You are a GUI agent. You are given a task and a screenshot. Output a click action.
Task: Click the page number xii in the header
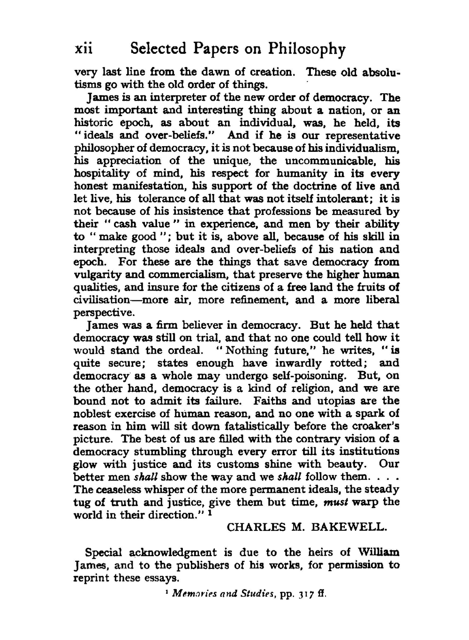tap(84, 49)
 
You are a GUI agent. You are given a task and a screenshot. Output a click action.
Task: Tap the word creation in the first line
tap(272, 72)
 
